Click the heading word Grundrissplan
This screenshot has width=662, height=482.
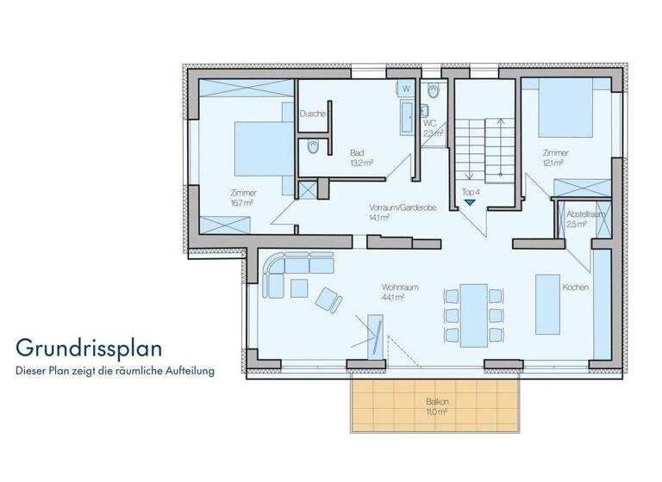(x=88, y=349)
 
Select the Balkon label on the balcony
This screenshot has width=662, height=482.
(x=438, y=402)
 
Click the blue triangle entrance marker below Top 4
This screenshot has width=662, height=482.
(x=470, y=202)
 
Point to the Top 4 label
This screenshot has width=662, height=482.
(x=471, y=191)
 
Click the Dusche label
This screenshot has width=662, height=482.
(x=311, y=114)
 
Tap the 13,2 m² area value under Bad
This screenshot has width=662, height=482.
(x=361, y=161)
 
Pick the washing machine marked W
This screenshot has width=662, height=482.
(x=406, y=89)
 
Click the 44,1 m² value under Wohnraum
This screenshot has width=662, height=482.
(x=393, y=298)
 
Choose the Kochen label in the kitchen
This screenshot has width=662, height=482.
(x=575, y=287)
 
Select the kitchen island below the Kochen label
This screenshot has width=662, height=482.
(x=547, y=304)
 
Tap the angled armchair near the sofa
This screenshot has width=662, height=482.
(x=328, y=299)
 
